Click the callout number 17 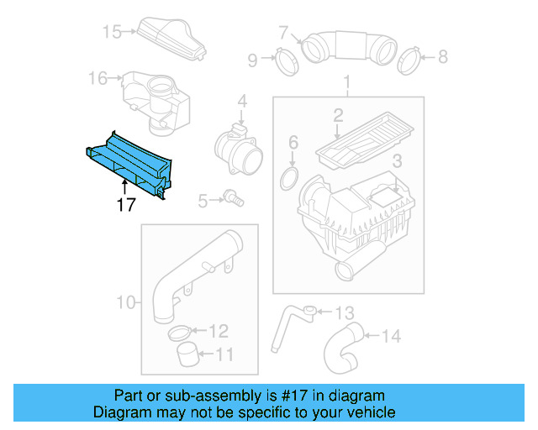coord(125,204)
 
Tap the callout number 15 coord(113,32)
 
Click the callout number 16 coord(98,78)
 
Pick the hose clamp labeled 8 coord(409,58)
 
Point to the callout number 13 coord(345,313)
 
